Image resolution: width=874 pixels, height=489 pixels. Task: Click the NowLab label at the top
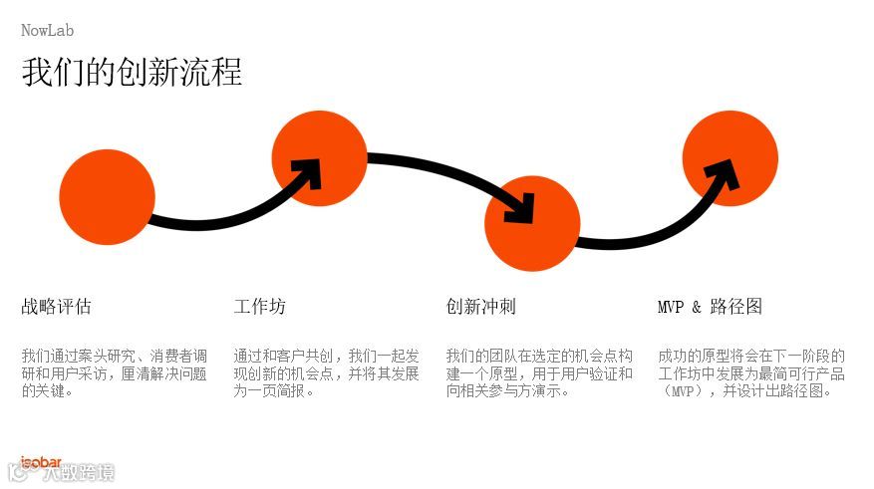(x=47, y=31)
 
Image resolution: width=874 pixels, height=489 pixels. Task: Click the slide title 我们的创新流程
(x=132, y=73)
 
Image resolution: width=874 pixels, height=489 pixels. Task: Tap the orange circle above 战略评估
(x=107, y=197)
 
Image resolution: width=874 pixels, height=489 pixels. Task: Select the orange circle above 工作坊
(x=319, y=157)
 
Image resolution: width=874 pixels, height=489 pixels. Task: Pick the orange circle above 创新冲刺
(x=532, y=223)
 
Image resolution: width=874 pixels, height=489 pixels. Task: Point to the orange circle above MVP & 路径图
(x=730, y=158)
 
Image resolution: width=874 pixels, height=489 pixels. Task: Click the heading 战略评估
(x=56, y=307)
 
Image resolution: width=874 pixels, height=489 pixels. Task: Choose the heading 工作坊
(x=259, y=307)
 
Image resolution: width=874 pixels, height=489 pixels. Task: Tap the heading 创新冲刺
(x=480, y=307)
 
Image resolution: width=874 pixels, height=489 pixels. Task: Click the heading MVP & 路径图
(x=710, y=307)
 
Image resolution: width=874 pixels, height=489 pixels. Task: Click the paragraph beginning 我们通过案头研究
(x=114, y=373)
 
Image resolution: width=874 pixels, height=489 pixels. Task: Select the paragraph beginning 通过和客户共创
(x=326, y=373)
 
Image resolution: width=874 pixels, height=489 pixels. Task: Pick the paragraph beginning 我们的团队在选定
(x=538, y=373)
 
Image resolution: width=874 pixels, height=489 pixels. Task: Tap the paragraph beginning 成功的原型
(x=750, y=373)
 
